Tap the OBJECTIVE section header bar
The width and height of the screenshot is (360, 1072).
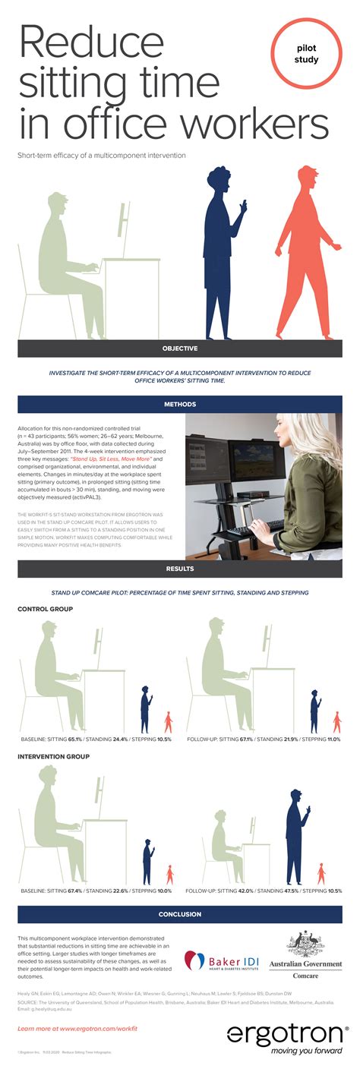pos(180,348)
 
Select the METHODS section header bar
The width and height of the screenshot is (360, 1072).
pos(180,404)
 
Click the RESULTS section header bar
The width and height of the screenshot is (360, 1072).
pos(180,568)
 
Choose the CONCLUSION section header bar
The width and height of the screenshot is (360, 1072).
pos(180,914)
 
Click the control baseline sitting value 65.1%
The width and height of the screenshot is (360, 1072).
pos(74,738)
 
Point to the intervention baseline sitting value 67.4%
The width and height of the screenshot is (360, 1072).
pos(74,891)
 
